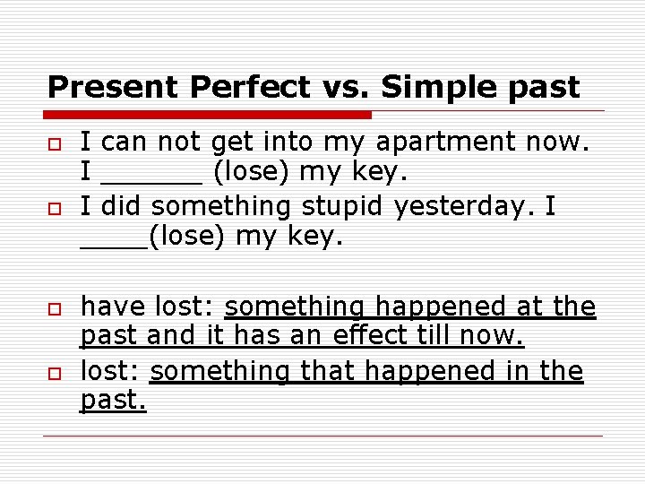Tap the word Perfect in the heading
(249, 87)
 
